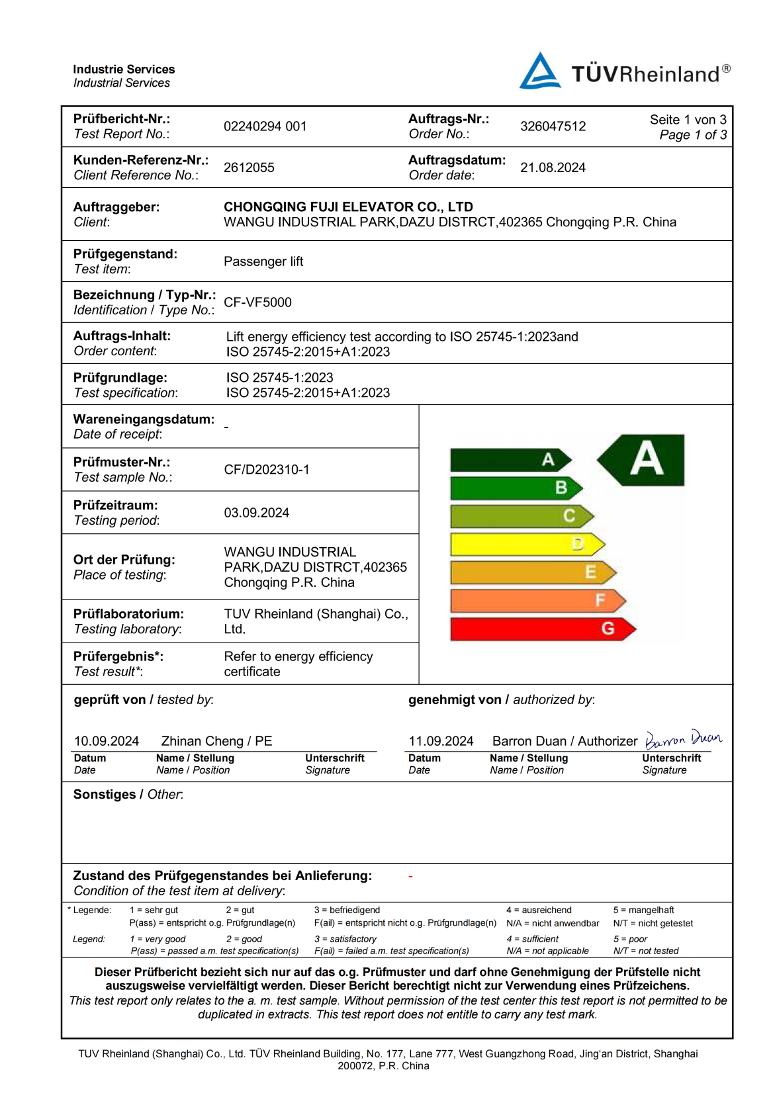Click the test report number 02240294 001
pyautogui.click(x=265, y=126)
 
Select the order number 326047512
pyautogui.click(x=553, y=126)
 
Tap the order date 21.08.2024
pyautogui.click(x=553, y=167)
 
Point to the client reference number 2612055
pyautogui.click(x=249, y=167)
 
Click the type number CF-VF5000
pyautogui.click(x=257, y=302)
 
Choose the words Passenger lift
pyautogui.click(x=263, y=261)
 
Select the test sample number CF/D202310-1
pyautogui.click(x=266, y=470)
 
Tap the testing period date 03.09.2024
pyautogui.click(x=256, y=513)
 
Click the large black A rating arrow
pyautogui.click(x=642, y=460)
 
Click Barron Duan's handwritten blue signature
pyautogui.click(x=683, y=738)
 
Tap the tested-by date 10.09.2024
pyautogui.click(x=107, y=741)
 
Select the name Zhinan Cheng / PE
pyautogui.click(x=216, y=741)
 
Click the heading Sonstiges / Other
pyautogui.click(x=128, y=795)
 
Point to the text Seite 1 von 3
pyautogui.click(x=688, y=120)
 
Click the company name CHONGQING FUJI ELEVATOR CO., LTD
pyautogui.click(x=348, y=206)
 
